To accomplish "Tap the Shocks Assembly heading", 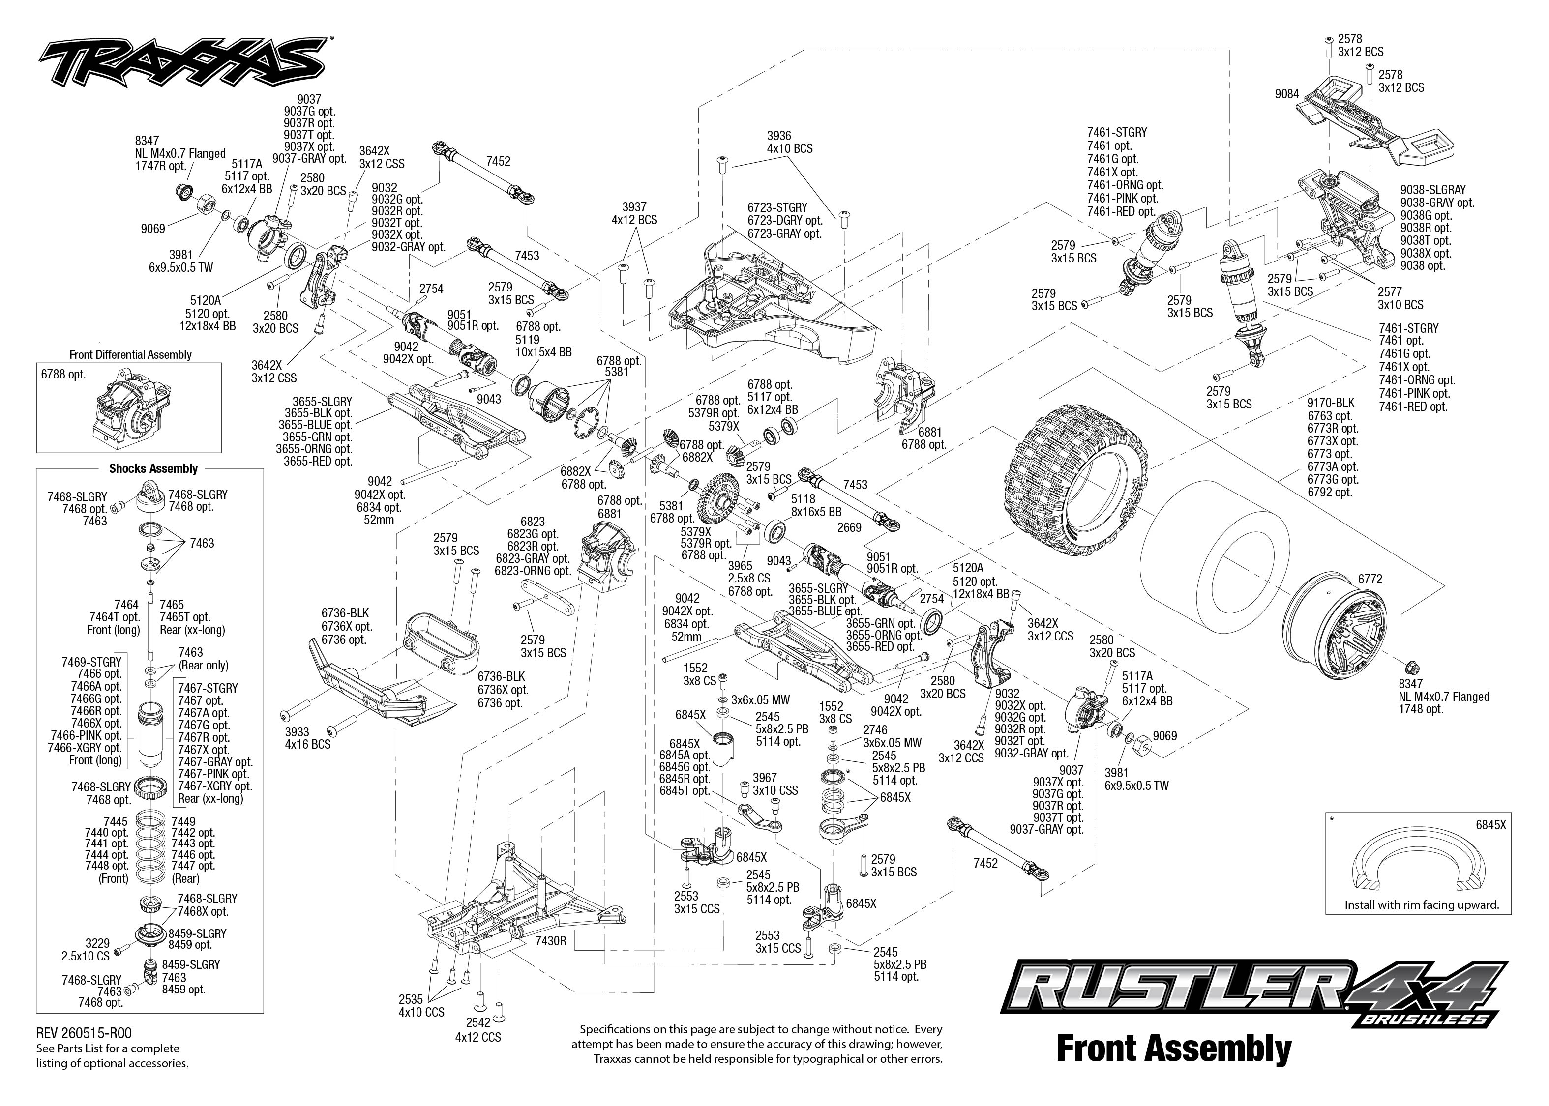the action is click(153, 468).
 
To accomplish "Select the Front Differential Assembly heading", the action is click(130, 355).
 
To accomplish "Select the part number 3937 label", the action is click(634, 207).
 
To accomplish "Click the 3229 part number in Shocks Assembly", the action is click(97, 943).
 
